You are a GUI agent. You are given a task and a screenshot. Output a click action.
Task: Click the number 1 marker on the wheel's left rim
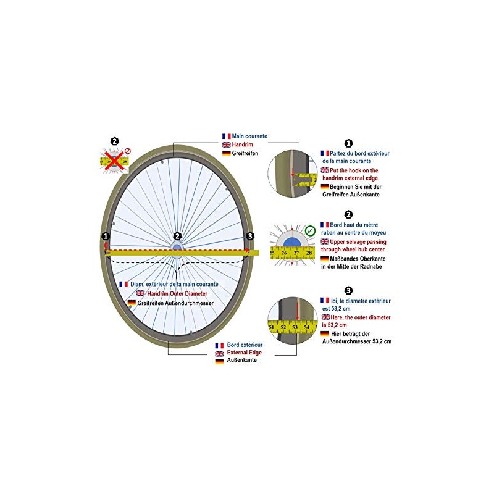106,236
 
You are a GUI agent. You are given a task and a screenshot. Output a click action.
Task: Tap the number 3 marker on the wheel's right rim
250,236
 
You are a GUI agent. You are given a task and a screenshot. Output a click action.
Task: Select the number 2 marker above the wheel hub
177,236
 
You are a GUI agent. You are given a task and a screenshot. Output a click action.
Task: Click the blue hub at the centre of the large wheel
177,248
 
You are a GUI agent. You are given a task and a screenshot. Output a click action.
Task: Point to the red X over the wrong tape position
114,161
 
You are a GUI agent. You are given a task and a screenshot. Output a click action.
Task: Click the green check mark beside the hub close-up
311,231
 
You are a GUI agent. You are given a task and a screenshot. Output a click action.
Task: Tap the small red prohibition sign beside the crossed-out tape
128,151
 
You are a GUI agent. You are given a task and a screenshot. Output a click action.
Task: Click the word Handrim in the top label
242,144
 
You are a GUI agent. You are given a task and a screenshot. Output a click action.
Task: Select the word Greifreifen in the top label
245,153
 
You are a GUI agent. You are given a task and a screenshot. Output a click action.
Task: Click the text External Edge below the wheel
245,353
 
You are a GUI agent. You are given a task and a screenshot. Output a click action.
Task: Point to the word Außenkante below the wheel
242,360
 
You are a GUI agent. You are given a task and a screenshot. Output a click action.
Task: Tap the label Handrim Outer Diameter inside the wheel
177,294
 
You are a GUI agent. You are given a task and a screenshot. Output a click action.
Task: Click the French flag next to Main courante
227,136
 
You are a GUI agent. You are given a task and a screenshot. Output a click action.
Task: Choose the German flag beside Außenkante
219,361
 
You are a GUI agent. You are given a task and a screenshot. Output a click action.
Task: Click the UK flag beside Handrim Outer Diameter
141,293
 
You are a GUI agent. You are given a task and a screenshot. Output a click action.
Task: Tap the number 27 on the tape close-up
296,253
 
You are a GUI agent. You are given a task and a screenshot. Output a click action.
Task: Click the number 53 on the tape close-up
295,327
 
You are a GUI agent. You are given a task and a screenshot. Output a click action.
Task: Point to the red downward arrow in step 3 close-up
298,310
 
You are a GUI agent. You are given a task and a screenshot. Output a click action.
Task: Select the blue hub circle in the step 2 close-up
292,243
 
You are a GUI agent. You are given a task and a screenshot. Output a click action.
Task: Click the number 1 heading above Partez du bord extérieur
348,143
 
